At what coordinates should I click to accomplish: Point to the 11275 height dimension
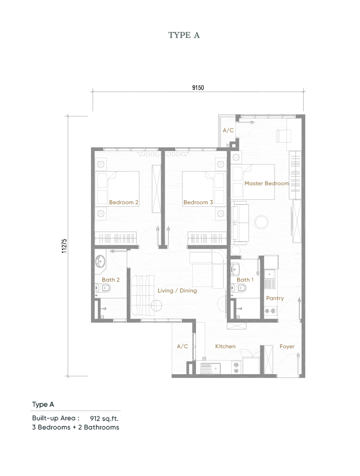(64, 246)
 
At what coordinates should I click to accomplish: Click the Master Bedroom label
(266, 184)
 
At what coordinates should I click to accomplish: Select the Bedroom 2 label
(123, 203)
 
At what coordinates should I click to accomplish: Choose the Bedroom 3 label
(198, 203)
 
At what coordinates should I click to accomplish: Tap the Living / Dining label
(177, 291)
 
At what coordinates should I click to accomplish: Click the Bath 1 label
(245, 280)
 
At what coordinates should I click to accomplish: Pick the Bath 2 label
(110, 280)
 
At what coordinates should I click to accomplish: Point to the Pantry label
(275, 298)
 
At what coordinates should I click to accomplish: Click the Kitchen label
(225, 346)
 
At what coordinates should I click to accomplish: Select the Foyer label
(287, 346)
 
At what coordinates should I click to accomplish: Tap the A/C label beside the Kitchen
(182, 346)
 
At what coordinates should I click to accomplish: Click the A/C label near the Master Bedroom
(228, 131)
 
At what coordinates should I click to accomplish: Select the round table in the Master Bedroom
(262, 221)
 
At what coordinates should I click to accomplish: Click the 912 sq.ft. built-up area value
(104, 418)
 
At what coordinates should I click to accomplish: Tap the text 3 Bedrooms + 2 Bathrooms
(75, 427)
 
